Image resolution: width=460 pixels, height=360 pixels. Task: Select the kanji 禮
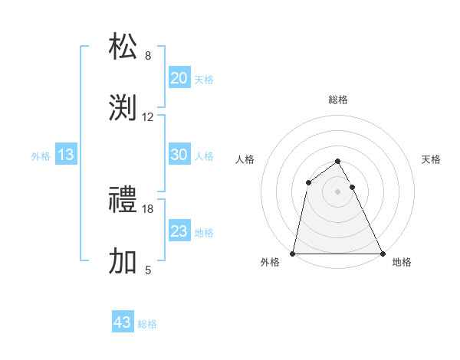123,201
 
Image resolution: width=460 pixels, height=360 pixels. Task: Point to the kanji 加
123,261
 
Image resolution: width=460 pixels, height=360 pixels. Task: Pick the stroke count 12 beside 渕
148,117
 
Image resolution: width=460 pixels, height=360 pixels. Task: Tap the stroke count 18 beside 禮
148,208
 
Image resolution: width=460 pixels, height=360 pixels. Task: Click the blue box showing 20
179,77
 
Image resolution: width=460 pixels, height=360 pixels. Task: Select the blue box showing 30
179,155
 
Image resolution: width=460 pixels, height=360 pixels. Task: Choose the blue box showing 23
179,231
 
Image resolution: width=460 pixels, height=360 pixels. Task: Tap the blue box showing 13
66,155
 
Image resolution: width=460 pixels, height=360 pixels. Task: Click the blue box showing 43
123,322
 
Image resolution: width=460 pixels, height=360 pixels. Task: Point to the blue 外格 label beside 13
41,155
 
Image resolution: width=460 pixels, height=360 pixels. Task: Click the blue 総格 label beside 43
148,323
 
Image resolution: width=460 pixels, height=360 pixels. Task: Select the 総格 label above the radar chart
338,100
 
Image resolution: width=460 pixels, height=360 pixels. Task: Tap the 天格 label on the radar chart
432,159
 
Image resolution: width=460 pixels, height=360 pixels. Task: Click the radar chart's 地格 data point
382,253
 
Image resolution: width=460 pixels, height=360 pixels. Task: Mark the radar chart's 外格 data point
293,253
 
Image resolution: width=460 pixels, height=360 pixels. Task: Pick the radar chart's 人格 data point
308,182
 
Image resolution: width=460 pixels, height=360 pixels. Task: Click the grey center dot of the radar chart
337,191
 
